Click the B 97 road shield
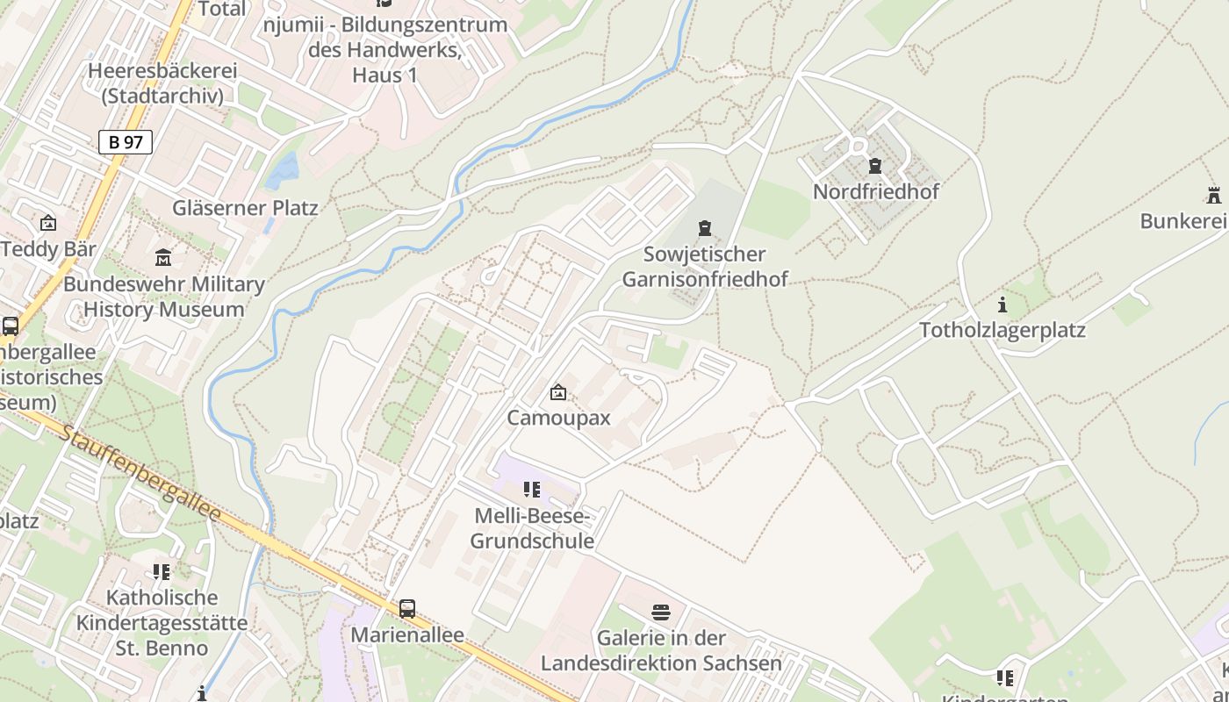pos(126,142)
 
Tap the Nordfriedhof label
pos(875,191)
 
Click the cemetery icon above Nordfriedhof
pos(874,165)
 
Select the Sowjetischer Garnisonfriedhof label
pos(704,267)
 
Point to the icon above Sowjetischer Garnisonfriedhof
pos(704,229)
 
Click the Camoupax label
pos(558,418)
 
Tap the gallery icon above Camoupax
pos(558,392)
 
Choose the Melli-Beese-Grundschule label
pos(532,528)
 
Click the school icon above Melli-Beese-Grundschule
pos(532,489)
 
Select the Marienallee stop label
pos(407,634)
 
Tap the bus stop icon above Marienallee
pos(407,608)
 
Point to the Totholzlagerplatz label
pos(1003,331)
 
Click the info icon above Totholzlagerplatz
pos(1003,304)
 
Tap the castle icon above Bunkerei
pos(1214,195)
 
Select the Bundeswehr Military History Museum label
pos(163,297)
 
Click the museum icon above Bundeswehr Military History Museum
pos(163,258)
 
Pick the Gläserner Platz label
pos(245,208)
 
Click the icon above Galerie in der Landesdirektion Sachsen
pos(661,612)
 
